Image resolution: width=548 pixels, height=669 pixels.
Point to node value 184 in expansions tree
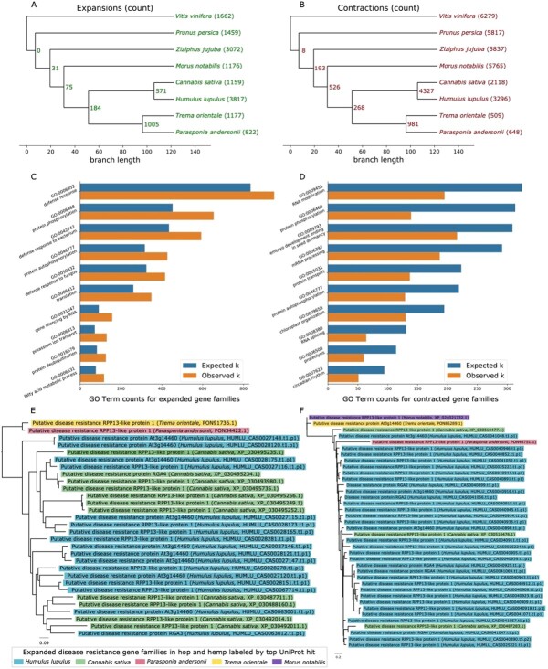[x=70, y=108]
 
